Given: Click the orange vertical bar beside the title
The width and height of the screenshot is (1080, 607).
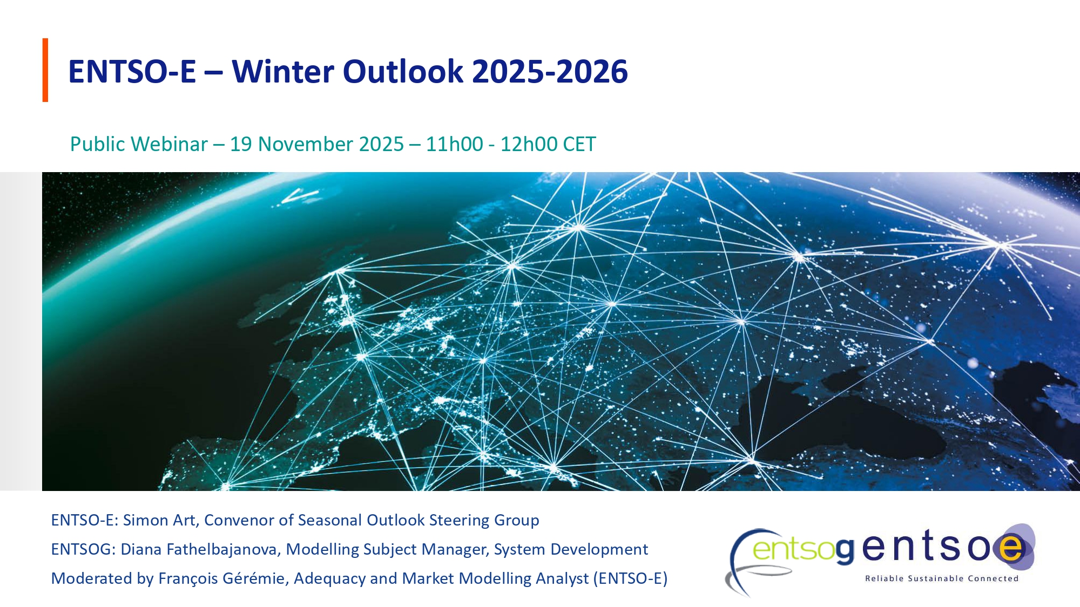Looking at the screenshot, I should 45,70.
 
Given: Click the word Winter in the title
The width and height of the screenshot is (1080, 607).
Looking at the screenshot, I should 281,72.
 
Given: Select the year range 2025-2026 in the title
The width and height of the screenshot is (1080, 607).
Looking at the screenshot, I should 550,72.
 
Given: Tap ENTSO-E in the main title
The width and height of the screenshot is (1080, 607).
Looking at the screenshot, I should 132,72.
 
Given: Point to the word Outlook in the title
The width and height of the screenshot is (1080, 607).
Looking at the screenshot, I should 403,72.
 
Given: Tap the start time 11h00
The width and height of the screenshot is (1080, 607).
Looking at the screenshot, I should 454,145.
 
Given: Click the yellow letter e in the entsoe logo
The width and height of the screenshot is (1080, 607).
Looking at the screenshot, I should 1011,548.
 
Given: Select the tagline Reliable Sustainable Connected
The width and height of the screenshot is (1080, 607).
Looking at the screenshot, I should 941,578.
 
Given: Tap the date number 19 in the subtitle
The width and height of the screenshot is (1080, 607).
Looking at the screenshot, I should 241,145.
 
